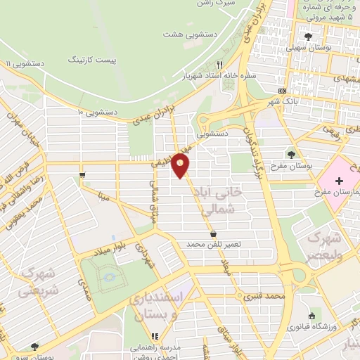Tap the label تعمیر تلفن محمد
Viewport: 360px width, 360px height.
(x=214, y=243)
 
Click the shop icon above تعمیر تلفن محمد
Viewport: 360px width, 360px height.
(x=213, y=233)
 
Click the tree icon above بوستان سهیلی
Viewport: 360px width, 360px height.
(x=307, y=36)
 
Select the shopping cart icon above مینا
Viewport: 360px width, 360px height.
(x=83, y=174)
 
